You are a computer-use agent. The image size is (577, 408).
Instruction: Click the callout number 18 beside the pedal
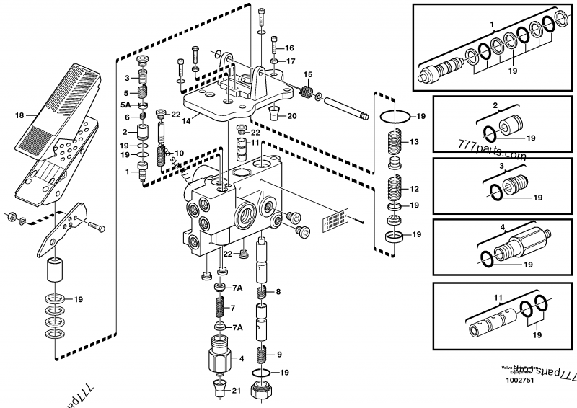pos(19,115)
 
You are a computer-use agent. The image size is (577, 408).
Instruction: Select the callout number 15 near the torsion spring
pos(307,74)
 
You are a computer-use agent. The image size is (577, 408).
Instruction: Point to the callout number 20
pos(291,115)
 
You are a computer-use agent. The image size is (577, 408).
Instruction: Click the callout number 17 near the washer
pos(290,61)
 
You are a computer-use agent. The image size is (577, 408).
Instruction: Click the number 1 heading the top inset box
pos(492,25)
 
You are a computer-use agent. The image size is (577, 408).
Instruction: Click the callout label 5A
pos(125,105)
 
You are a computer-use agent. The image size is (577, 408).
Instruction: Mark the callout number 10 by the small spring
pos(179,153)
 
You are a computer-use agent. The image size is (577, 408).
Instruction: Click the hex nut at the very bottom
pos(261,394)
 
